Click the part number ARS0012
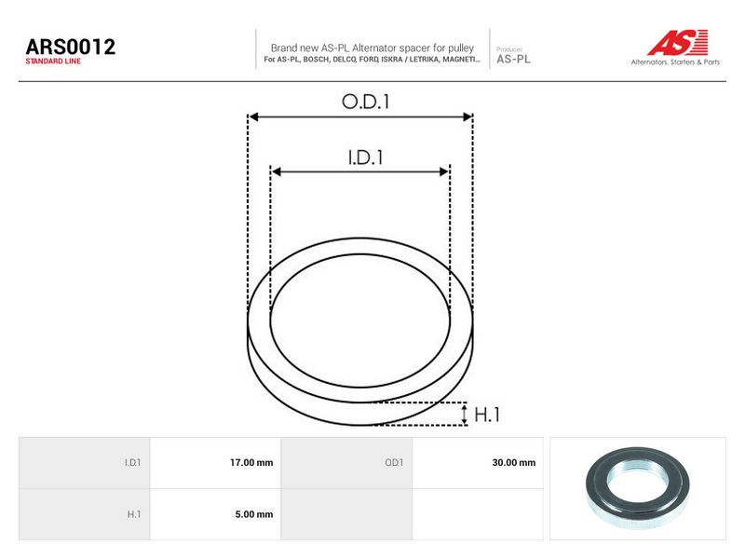click(71, 47)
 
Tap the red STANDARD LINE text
click(53, 61)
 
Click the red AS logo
click(678, 42)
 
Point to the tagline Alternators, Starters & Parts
click(675, 61)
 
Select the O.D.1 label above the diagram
click(365, 102)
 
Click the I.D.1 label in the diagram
click(365, 157)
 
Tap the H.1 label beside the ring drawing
click(487, 415)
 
